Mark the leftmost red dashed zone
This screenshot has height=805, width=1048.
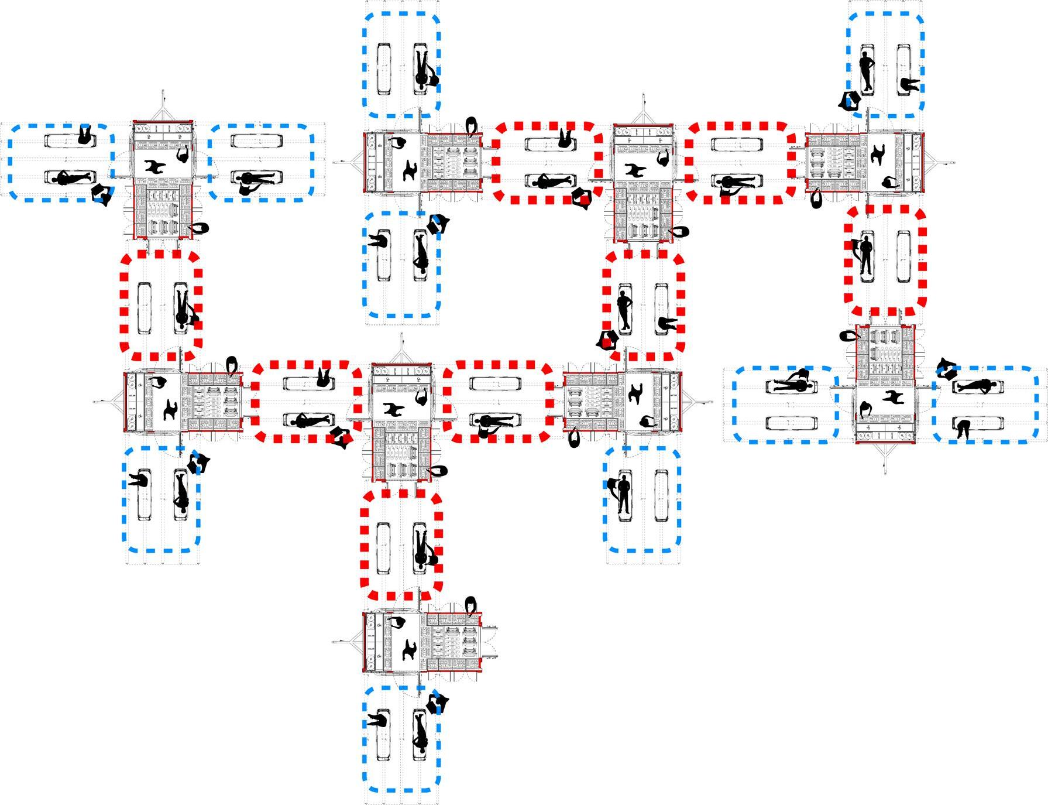point(161,306)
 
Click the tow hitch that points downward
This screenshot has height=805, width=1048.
point(885,460)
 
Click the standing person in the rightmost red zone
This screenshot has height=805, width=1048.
point(865,256)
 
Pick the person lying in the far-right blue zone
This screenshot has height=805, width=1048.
point(976,386)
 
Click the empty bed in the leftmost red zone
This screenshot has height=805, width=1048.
point(144,309)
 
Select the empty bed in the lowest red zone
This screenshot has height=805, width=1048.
point(383,549)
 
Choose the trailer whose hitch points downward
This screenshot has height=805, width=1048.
point(885,383)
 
